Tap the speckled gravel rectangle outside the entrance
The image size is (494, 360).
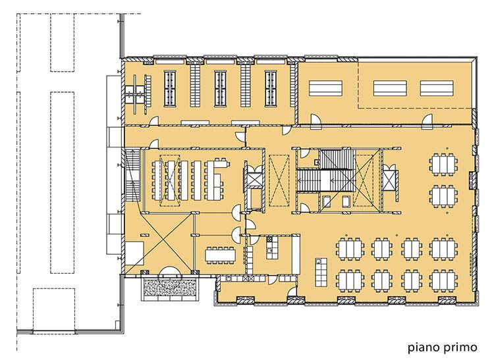[x=171, y=288]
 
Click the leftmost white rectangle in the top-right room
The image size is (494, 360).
[x=325, y=88]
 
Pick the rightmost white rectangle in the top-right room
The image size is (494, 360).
[x=437, y=88]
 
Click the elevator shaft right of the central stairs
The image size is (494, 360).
[x=390, y=180]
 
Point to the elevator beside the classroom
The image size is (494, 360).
[x=254, y=180]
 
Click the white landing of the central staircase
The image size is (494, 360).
[x=325, y=180]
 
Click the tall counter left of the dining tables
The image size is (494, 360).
[x=321, y=272]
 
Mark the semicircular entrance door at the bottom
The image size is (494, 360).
[x=171, y=272]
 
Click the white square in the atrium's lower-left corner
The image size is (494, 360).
[x=134, y=253]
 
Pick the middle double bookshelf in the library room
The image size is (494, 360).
[x=220, y=88]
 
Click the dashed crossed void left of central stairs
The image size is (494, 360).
[x=279, y=180]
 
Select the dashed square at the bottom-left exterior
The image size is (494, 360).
[x=54, y=309]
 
